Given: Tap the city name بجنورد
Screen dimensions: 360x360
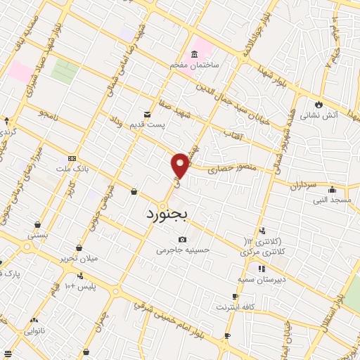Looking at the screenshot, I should (168, 213).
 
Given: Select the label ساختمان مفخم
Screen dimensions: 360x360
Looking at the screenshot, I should (194, 65).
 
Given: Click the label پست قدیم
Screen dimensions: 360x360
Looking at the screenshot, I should (147, 124).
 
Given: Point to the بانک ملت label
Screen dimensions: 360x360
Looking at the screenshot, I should (72, 169).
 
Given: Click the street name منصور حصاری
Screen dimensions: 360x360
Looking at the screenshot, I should (233, 169).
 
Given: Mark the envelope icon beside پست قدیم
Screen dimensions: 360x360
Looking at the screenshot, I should (147, 114).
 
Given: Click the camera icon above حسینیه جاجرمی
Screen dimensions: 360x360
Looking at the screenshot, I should (183, 239).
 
